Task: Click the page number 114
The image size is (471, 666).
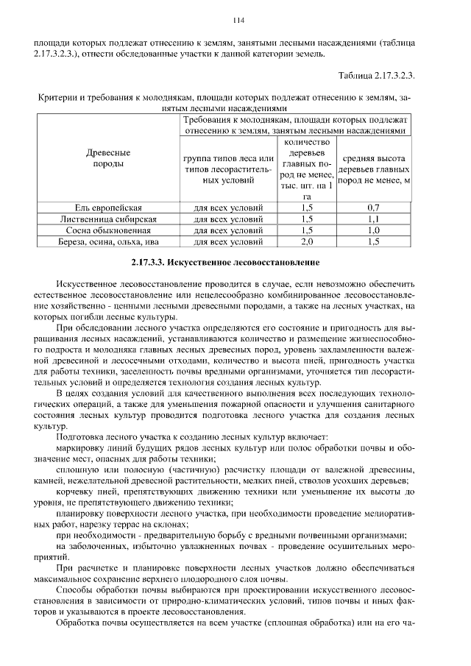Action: pos(237,20)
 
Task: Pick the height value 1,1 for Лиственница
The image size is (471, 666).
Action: pos(373,219)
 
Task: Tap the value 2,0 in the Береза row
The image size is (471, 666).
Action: pos(307,241)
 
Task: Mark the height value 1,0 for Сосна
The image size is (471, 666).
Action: pos(373,230)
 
